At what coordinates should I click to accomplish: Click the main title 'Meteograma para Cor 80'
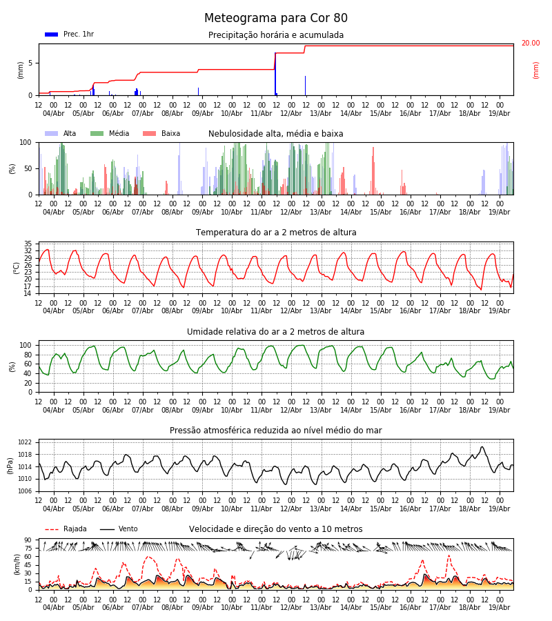point(275,18)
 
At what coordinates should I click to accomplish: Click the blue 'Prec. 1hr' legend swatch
point(52,34)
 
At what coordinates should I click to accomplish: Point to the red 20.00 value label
point(530,43)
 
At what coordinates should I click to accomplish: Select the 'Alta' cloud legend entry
point(61,133)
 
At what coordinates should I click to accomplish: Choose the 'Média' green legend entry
point(110,133)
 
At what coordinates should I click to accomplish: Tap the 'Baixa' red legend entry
point(161,133)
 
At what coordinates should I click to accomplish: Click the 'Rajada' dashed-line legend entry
point(66,529)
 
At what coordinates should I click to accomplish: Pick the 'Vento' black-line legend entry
point(119,529)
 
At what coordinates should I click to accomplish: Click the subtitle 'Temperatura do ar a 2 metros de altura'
point(276,233)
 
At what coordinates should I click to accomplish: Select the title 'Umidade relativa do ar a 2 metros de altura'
point(275,331)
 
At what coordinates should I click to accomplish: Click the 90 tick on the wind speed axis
point(28,540)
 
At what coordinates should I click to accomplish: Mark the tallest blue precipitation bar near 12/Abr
point(275,74)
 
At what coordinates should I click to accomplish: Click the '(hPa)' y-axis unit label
point(10,466)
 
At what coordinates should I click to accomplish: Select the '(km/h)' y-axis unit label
point(17,564)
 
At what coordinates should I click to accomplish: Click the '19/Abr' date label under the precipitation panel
point(500,113)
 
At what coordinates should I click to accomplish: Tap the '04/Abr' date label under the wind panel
point(53,607)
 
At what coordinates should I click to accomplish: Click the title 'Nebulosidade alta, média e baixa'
point(275,133)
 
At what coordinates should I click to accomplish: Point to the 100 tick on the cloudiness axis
point(26,143)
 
